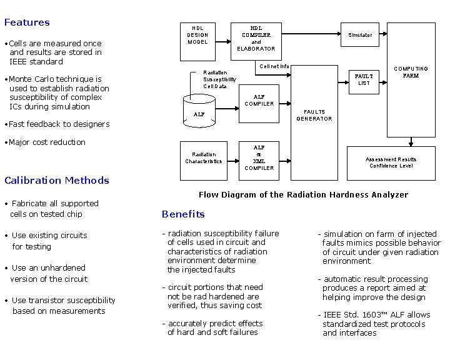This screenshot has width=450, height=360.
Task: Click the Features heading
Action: coord(27,22)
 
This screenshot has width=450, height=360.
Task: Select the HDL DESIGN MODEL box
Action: coord(197,36)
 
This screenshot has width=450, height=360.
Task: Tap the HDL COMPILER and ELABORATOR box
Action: coord(256,38)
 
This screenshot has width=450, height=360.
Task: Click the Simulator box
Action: coord(360,35)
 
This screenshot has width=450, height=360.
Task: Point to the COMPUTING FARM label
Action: coord(411,72)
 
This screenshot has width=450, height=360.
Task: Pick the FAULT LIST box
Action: coord(364,79)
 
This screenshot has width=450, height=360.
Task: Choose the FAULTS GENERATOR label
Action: coord(314,115)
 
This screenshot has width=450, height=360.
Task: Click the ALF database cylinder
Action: coord(199,111)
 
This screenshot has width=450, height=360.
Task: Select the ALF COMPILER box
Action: coord(259,100)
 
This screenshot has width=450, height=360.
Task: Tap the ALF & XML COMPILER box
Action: coord(259,157)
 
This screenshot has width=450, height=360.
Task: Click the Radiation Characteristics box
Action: coord(204,157)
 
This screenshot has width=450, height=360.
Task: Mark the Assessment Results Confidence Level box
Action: coord(391,162)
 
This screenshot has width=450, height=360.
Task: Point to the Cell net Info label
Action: coord(274,66)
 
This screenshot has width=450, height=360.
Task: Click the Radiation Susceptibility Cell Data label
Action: coord(219,79)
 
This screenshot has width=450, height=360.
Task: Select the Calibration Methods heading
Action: coord(57,181)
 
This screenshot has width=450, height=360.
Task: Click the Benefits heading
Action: coord(183,214)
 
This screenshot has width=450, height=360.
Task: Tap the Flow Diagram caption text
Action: coord(303,194)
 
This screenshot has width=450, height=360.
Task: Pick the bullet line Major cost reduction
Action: coord(47,142)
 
